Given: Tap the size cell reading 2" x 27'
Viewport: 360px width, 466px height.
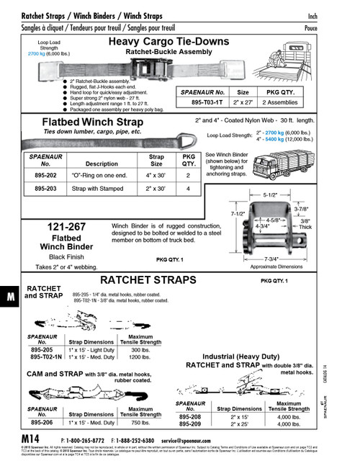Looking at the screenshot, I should pos(243,102).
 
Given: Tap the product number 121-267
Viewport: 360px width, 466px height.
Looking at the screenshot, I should pos(66,228).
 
